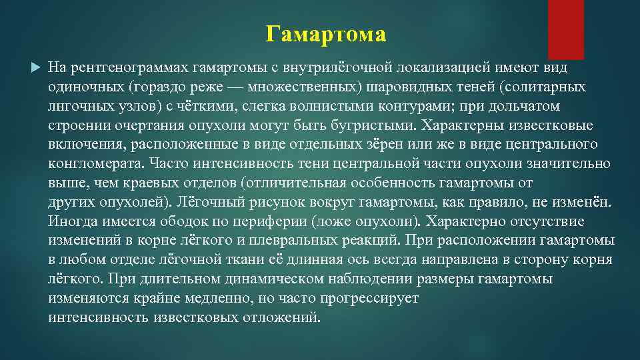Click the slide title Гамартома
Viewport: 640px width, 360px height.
tap(325, 33)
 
